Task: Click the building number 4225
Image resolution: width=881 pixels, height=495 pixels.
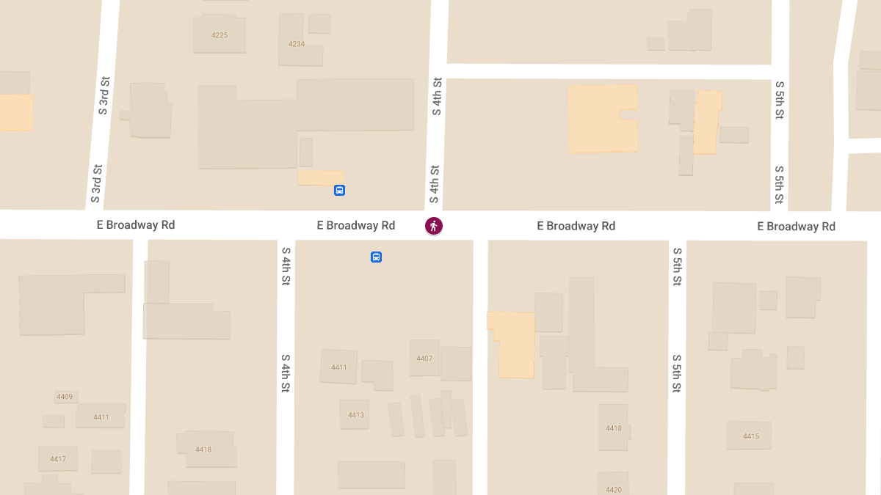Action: point(220,35)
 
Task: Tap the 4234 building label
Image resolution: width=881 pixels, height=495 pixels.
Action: point(297,44)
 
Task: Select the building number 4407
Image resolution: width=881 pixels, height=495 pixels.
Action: point(424,359)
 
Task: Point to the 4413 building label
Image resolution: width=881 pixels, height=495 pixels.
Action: point(356,415)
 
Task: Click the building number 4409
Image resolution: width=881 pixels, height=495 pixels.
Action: point(65,397)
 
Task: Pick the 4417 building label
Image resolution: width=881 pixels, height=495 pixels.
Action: point(58,459)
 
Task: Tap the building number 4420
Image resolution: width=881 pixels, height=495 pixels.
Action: point(614,490)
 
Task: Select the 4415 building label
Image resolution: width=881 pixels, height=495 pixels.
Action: point(750,436)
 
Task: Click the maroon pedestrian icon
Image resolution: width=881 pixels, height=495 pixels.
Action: point(434,226)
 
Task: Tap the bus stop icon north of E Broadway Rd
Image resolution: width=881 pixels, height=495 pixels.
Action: point(339,191)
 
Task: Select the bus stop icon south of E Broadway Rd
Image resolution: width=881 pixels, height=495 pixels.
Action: point(376,257)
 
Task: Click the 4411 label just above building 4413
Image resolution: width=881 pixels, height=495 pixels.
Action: point(338,367)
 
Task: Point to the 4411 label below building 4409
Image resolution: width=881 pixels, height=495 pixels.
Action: point(101,417)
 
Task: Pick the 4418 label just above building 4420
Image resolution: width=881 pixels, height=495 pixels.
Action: point(614,428)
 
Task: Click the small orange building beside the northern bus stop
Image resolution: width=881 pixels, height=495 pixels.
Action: point(321,177)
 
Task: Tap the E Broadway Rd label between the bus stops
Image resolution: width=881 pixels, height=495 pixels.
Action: point(356,226)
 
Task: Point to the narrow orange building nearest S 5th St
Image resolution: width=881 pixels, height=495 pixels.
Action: point(707,122)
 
